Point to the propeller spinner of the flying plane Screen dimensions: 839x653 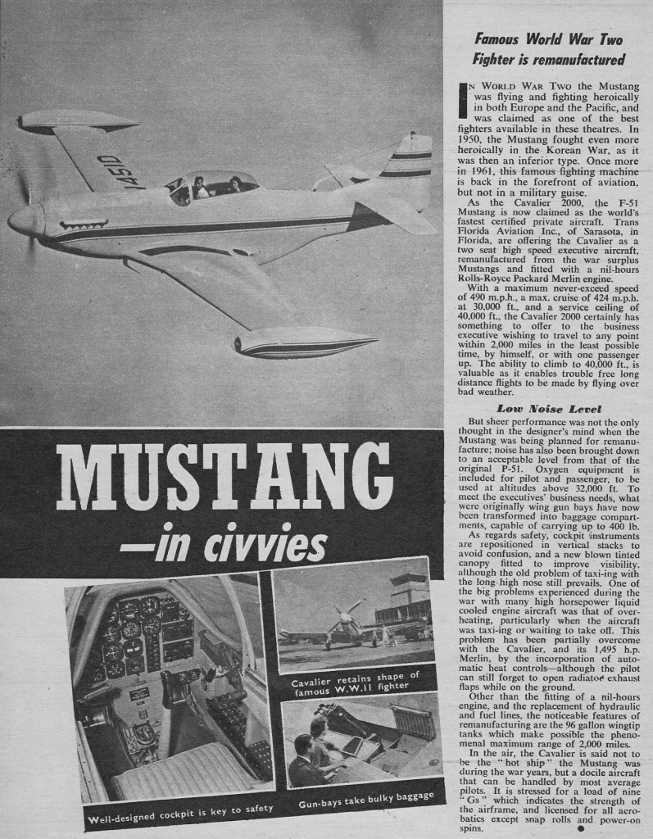tap(25, 220)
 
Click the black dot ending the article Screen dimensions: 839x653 tap(581, 828)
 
